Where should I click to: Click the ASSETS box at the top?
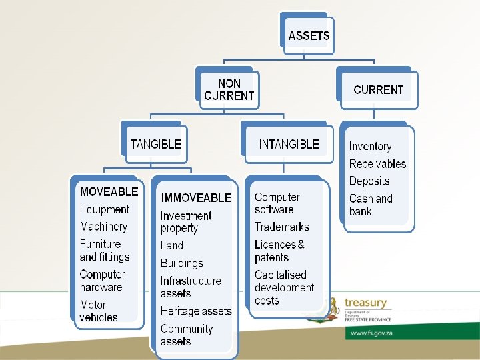coord(308,35)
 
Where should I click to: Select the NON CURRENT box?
coord(229,90)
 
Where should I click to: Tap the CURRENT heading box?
coord(378,90)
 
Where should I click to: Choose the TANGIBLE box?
coord(155,144)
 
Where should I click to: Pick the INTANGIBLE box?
coord(289,144)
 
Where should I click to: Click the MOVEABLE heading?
coord(109,192)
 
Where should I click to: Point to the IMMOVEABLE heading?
coord(196,198)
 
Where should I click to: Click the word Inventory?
coord(370,147)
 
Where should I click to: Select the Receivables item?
coord(377,164)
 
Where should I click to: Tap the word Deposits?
coord(369,181)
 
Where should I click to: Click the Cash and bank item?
coord(371,205)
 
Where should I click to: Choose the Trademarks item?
coord(281,227)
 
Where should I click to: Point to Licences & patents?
coord(279,251)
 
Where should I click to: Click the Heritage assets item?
coord(196,311)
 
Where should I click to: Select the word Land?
coord(172,245)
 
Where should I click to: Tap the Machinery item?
coord(103,227)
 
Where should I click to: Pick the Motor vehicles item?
coord(99,311)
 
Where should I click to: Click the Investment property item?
coord(186,222)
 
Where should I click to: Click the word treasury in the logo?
coord(365,303)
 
